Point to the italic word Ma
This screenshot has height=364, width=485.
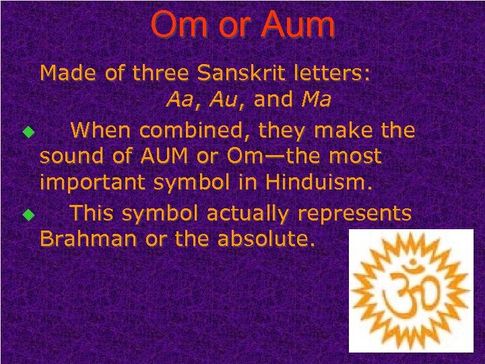(x=316, y=100)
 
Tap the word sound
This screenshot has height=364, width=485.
(x=68, y=157)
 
